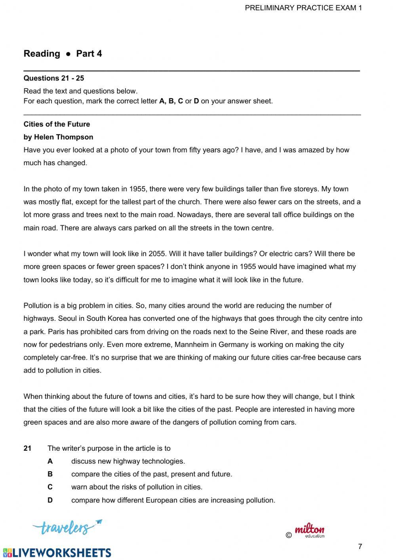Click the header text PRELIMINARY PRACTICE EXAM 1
coord(303,8)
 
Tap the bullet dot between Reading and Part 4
coord(68,54)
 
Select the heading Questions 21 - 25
coord(54,78)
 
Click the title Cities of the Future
coord(57,124)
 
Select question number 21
coord(27,448)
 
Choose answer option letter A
coord(50,461)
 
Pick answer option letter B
coord(50,474)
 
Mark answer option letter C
coord(50,487)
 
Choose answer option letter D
coord(50,500)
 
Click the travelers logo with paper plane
coord(67,527)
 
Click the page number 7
coord(360,547)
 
